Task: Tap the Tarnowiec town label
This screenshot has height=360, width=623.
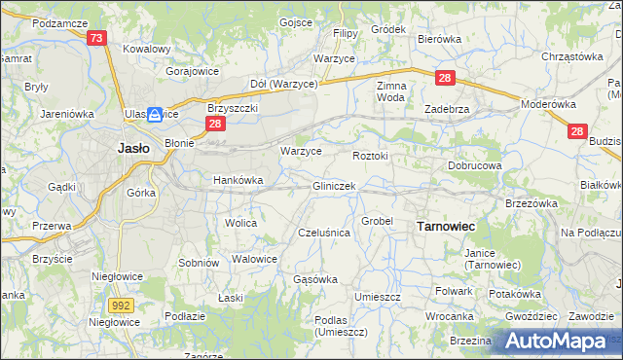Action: click(x=445, y=226)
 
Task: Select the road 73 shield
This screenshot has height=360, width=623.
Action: click(x=95, y=38)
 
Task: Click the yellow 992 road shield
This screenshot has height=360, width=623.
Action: click(x=121, y=305)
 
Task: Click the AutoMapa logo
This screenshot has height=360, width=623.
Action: click(x=557, y=340)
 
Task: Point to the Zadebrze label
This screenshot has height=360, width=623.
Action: click(x=448, y=109)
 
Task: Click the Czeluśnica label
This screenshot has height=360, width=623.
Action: click(x=323, y=233)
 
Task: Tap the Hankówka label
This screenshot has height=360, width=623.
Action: click(x=238, y=179)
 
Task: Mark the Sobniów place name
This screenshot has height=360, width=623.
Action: click(x=198, y=263)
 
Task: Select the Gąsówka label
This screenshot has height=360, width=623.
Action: click(x=315, y=279)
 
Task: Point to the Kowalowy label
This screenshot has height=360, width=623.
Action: click(x=147, y=48)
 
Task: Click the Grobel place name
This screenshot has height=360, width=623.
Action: click(x=377, y=221)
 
